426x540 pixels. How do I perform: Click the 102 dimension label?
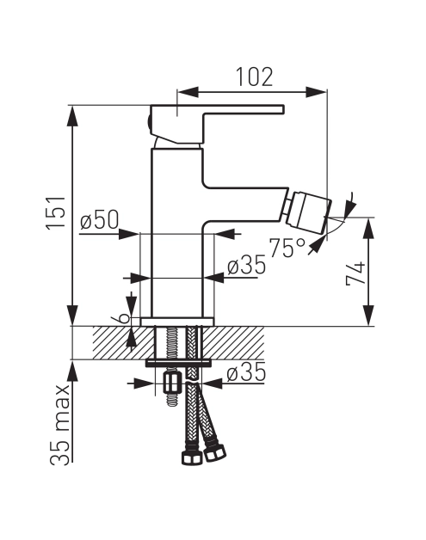255,77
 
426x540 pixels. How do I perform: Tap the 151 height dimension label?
56,212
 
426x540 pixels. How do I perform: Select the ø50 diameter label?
99,220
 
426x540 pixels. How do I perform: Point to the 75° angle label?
287,248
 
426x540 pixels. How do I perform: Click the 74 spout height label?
355,273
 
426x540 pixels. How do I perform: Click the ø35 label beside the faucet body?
246,266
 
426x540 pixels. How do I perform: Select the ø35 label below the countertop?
246,372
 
